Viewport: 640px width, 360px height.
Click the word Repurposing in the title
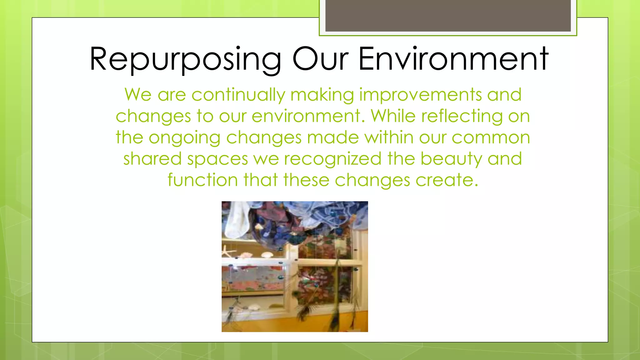pyautogui.click(x=185, y=59)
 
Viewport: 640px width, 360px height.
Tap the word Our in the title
pyautogui.click(x=320, y=59)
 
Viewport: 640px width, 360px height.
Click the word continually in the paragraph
pyautogui.click(x=238, y=95)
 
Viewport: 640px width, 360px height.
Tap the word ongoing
pyautogui.click(x=184, y=138)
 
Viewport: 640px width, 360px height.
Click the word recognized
pyautogui.click(x=333, y=159)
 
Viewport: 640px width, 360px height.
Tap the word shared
pyautogui.click(x=152, y=159)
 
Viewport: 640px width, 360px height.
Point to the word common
pyautogui.click(x=491, y=138)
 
